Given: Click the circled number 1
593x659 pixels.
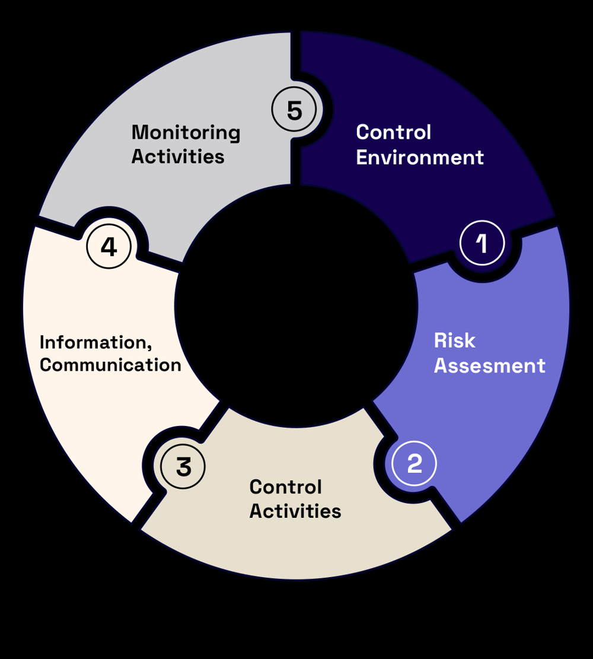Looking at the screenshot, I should click(482, 243).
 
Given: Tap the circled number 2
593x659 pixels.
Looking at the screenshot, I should click(414, 463).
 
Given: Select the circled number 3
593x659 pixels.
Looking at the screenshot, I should click(184, 467).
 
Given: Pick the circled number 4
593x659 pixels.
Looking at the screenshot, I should click(109, 247).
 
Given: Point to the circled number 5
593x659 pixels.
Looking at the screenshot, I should click(294, 111).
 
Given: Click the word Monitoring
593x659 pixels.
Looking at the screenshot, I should click(186, 133).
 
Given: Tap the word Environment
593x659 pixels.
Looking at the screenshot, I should click(420, 158).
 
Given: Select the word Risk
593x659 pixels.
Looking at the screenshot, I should click(454, 341).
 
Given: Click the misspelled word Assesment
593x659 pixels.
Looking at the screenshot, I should click(489, 365).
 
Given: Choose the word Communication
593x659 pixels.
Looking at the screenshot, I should click(110, 365).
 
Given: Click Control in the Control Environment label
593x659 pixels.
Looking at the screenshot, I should click(393, 132).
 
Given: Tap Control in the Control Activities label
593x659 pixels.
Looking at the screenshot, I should click(285, 487).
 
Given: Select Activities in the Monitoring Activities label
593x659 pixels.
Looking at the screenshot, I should click(178, 157).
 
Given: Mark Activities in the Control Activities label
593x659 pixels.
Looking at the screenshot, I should click(295, 511).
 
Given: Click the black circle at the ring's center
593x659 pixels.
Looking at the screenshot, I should click(296, 306).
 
